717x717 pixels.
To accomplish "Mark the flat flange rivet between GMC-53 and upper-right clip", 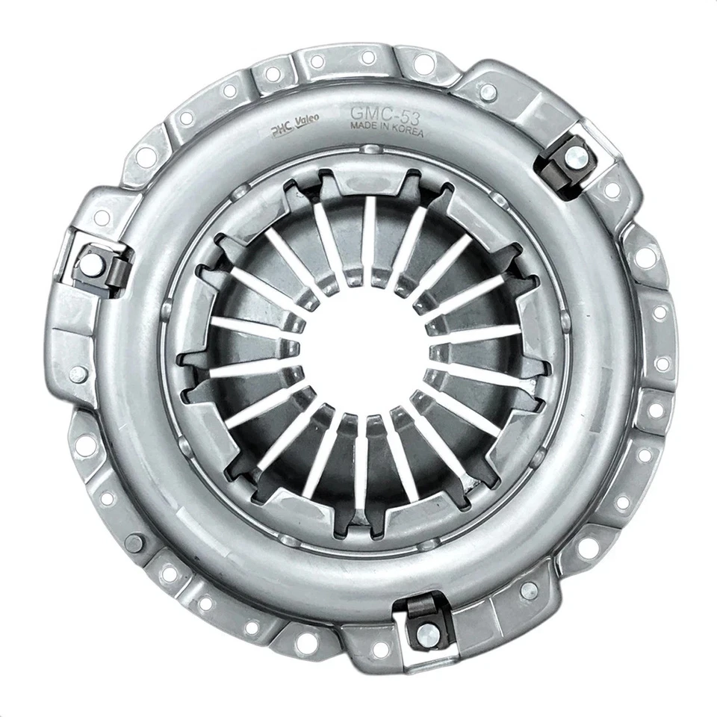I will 487,91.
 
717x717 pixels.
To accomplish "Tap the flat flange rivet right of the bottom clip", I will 529,590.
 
